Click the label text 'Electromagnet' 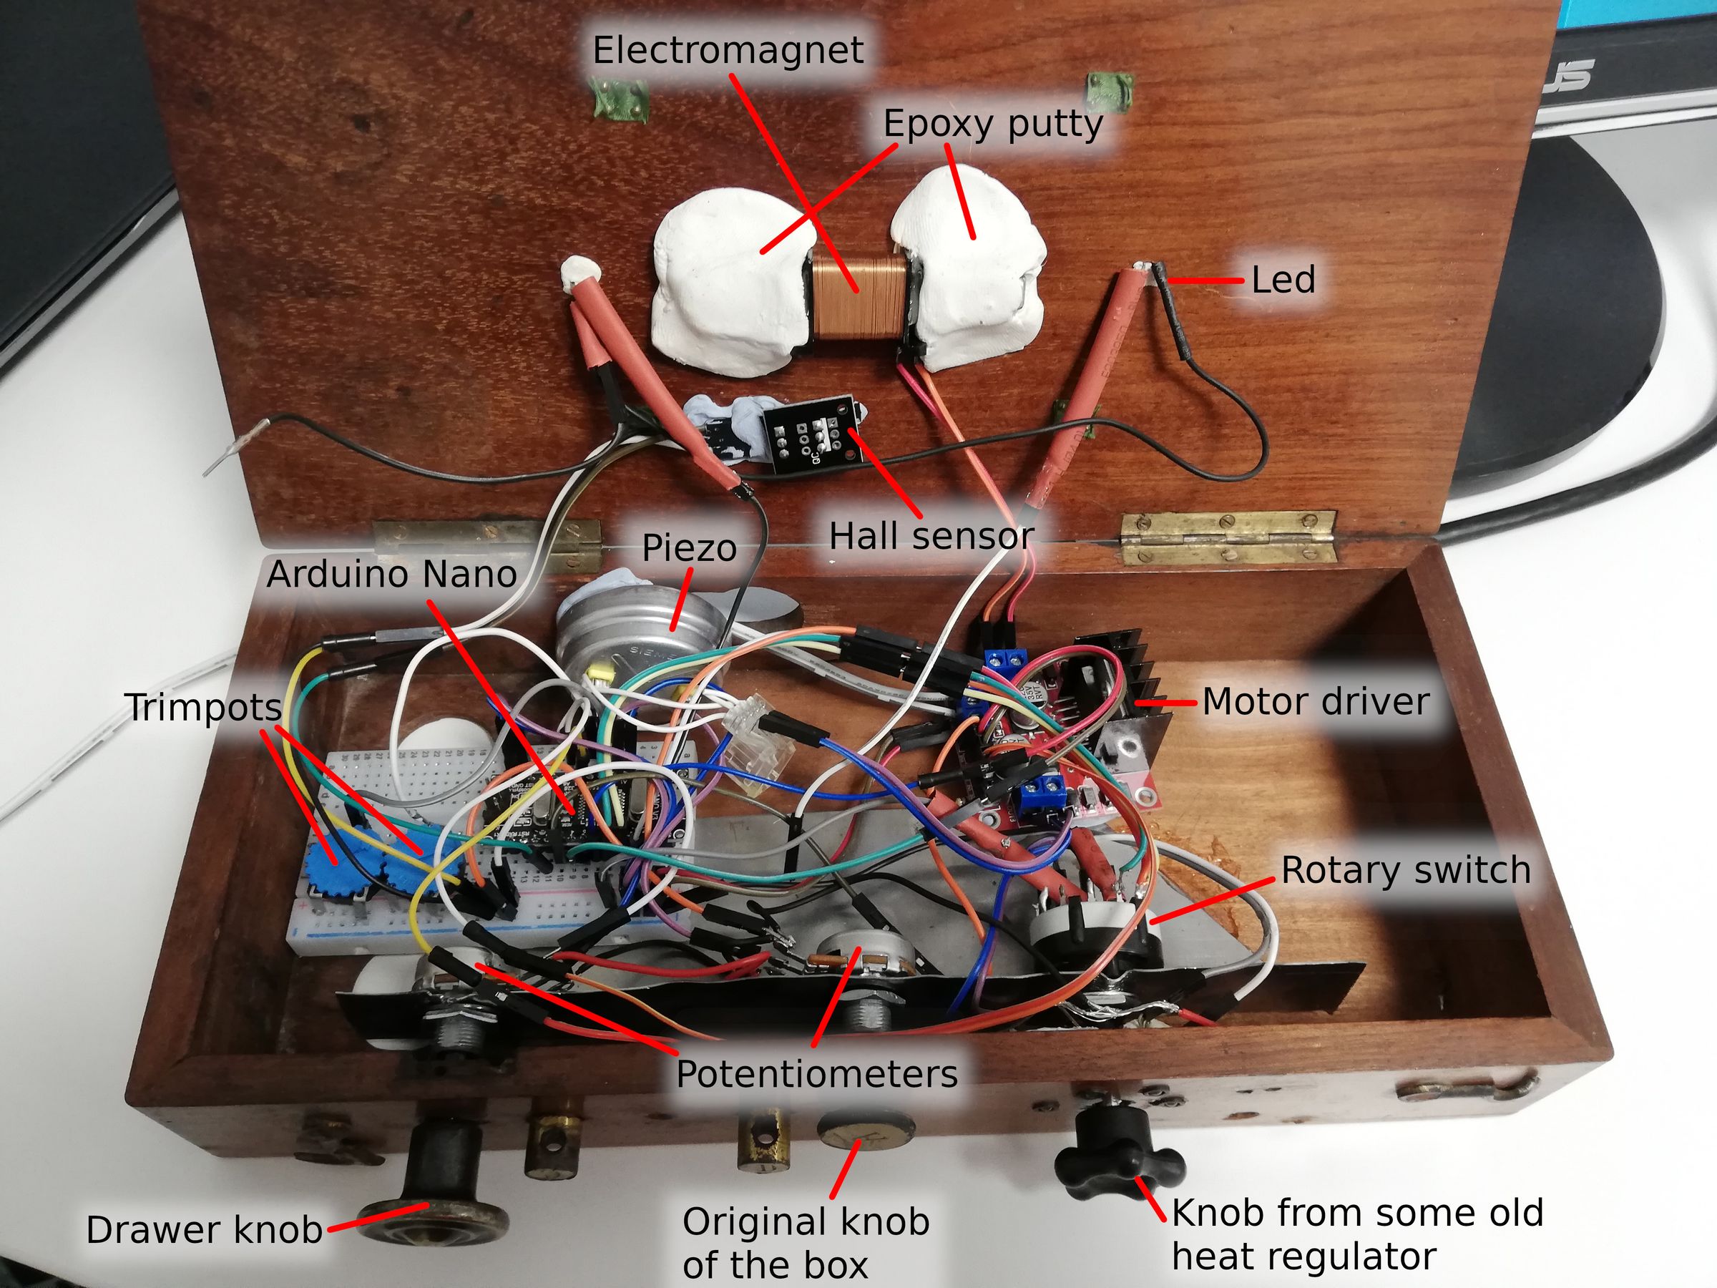coord(728,52)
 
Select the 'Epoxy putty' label coord(993,125)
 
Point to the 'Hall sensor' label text coord(931,536)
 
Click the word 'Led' coord(1283,280)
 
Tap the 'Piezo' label coord(689,548)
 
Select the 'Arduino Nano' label coord(391,575)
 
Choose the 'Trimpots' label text coord(204,707)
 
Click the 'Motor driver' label coord(1316,702)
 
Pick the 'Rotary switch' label coord(1406,869)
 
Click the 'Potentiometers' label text coord(816,1074)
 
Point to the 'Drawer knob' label coord(204,1230)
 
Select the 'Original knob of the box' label coord(806,1243)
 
